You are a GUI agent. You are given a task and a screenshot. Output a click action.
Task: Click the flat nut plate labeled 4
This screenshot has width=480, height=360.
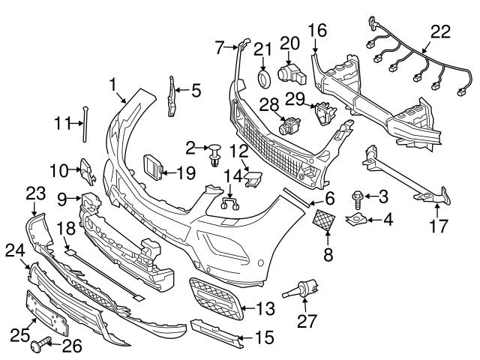355,220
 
